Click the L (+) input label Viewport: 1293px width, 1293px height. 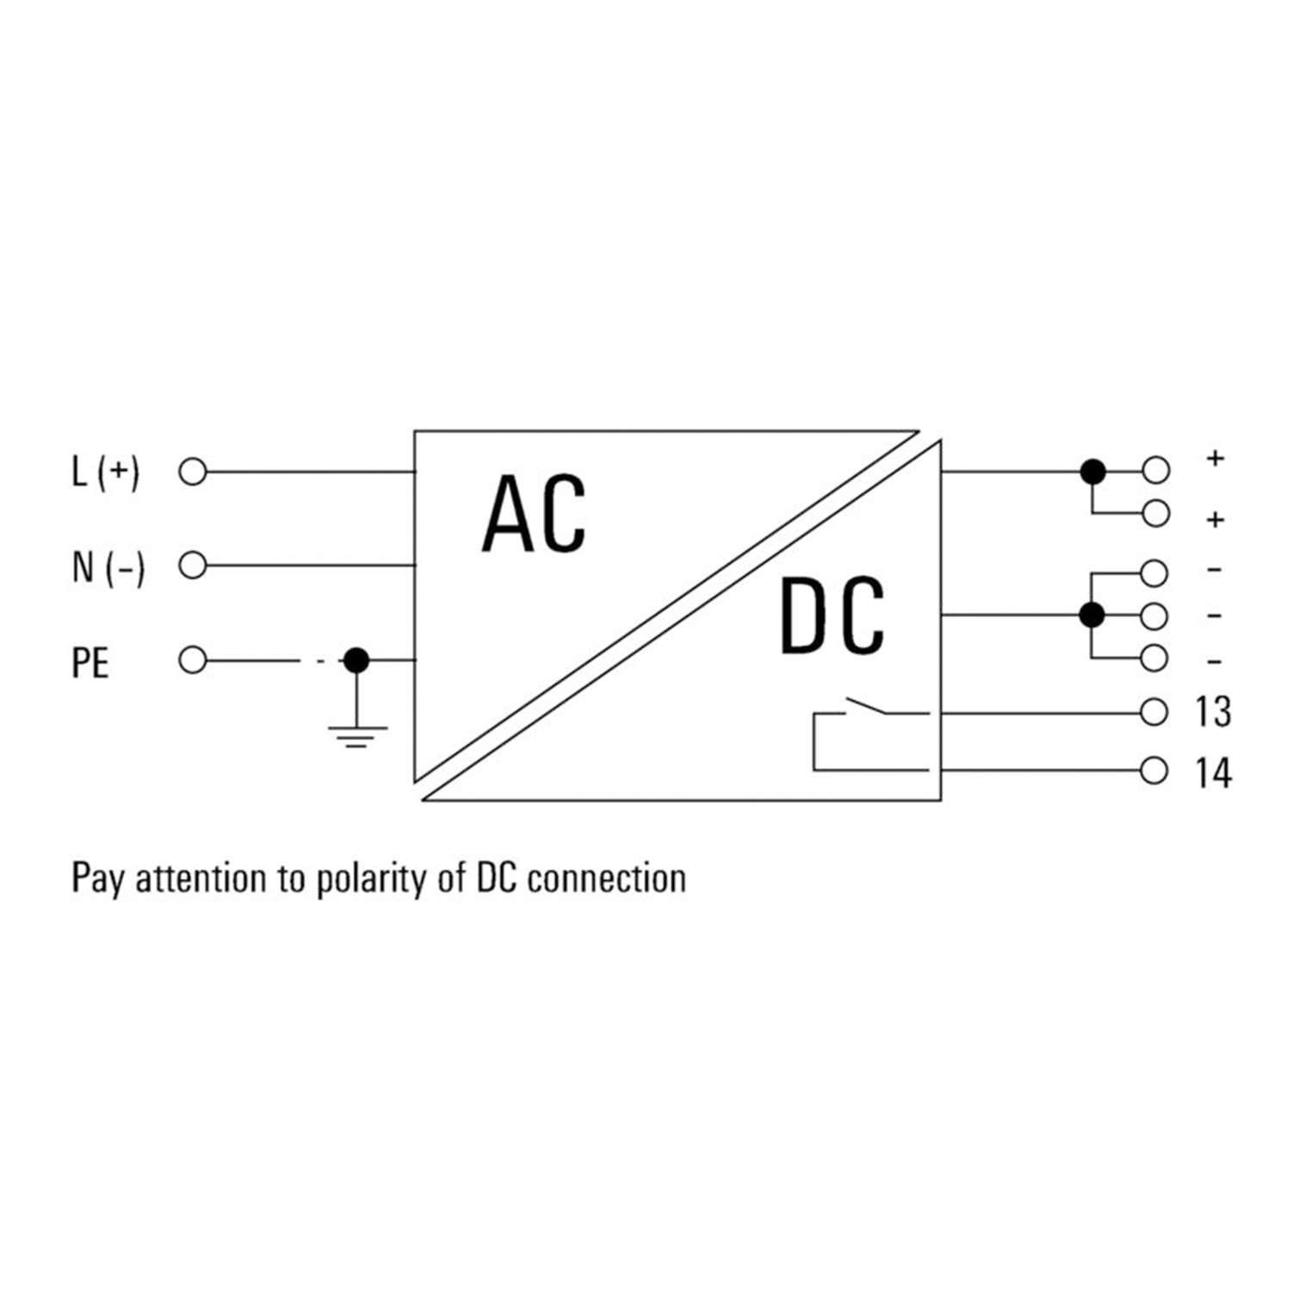tap(105, 473)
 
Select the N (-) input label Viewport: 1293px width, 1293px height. tap(108, 567)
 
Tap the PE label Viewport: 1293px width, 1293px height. tap(90, 663)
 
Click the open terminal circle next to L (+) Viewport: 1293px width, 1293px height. tap(193, 473)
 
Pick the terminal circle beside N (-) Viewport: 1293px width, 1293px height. tap(193, 566)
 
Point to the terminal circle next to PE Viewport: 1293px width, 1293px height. tap(193, 660)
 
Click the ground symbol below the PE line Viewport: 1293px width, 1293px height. tap(356, 736)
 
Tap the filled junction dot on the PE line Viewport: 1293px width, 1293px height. tap(356, 660)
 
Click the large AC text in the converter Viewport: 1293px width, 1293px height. tap(534, 515)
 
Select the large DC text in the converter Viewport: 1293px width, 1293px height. tap(832, 616)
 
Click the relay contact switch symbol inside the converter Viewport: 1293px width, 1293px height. tap(869, 709)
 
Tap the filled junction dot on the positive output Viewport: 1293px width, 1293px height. tap(1092, 472)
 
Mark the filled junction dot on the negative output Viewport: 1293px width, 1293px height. tap(1092, 615)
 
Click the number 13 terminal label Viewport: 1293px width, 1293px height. tap(1213, 713)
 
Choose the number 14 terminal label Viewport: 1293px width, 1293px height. tap(1213, 772)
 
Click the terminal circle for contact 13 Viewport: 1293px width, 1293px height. tap(1154, 713)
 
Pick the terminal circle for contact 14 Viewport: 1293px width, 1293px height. tap(1154, 770)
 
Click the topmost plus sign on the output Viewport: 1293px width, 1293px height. tap(1216, 458)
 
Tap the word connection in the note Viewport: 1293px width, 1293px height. tap(607, 879)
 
